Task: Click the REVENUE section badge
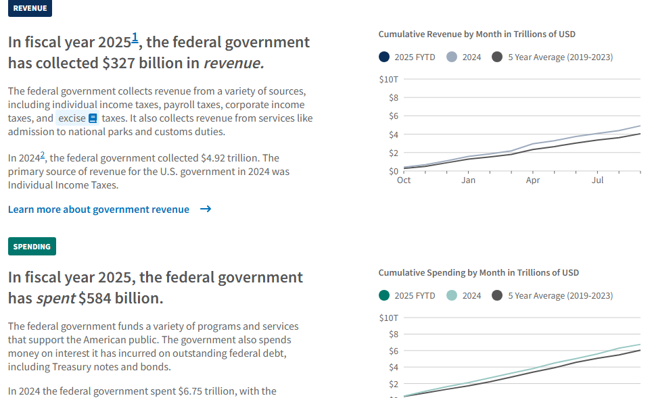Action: [x=30, y=8]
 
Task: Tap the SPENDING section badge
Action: [x=32, y=247]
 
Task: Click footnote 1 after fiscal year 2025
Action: [x=135, y=38]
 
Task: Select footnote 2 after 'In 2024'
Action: [x=43, y=155]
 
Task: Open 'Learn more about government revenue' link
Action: [x=99, y=209]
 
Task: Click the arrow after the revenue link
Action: [x=206, y=209]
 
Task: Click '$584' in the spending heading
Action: [x=95, y=298]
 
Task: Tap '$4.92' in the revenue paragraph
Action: [x=213, y=158]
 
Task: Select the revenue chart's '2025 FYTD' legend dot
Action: [x=384, y=57]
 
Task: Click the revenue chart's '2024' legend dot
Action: [x=452, y=57]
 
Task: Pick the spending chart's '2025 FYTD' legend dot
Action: [x=384, y=295]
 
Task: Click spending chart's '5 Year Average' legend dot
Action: [x=497, y=295]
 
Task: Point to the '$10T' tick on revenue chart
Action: [x=389, y=79]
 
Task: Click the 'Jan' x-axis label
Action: [x=468, y=180]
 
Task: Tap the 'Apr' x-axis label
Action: [x=533, y=180]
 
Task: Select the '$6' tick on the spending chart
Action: [x=394, y=351]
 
